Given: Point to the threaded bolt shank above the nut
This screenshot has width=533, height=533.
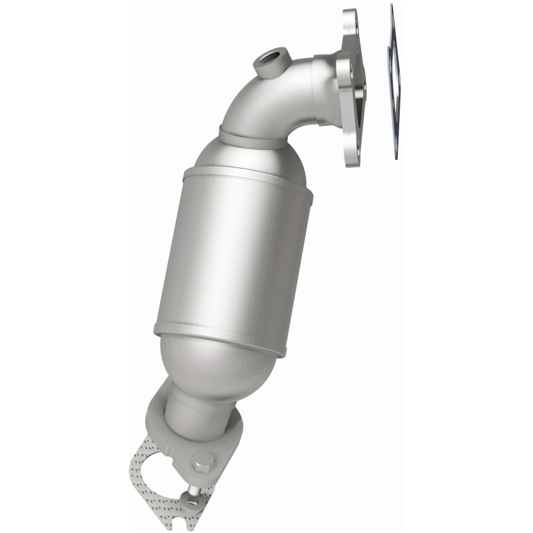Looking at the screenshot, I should (x=193, y=488).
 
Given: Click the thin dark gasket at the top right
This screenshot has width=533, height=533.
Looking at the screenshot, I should (x=394, y=80).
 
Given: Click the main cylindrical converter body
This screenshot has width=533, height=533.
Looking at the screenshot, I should (x=233, y=253).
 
